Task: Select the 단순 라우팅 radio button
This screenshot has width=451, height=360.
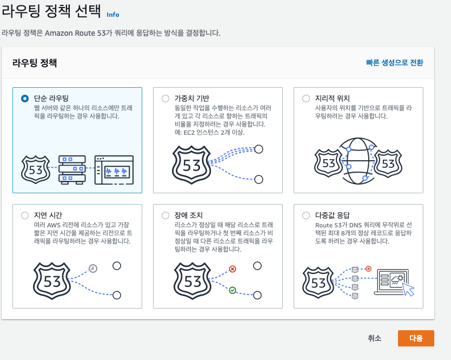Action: [25, 99]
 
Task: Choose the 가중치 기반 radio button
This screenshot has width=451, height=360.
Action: [165, 99]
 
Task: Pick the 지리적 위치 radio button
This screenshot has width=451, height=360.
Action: [306, 99]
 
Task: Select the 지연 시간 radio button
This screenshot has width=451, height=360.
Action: [25, 215]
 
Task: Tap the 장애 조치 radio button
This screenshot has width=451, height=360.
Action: [165, 215]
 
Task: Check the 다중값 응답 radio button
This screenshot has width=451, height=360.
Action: [306, 215]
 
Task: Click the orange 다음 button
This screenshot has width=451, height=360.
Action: [416, 338]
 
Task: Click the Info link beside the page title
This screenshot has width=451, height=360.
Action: [113, 15]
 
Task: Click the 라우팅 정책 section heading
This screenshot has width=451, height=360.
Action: [35, 63]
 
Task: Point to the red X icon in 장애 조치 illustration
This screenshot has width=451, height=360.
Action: [233, 269]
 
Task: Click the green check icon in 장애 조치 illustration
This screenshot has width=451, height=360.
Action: [233, 290]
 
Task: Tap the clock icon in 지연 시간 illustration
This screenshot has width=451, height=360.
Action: [92, 268]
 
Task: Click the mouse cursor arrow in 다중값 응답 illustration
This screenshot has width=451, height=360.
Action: [408, 290]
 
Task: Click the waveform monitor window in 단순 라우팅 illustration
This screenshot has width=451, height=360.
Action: [114, 169]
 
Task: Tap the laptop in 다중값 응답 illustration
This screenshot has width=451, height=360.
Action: [393, 282]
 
